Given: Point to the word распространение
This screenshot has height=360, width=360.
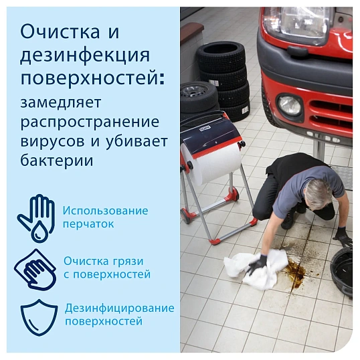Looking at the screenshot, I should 89,123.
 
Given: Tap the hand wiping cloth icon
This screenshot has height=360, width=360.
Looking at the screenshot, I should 35,268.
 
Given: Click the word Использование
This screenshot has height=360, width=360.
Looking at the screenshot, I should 106,211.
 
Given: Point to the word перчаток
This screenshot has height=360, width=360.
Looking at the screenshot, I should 88,224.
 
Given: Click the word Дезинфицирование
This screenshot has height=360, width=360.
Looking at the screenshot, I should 120,308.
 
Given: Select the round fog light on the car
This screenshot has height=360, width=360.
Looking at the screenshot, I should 289,105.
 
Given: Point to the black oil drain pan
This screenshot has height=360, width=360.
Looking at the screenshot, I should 345,268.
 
